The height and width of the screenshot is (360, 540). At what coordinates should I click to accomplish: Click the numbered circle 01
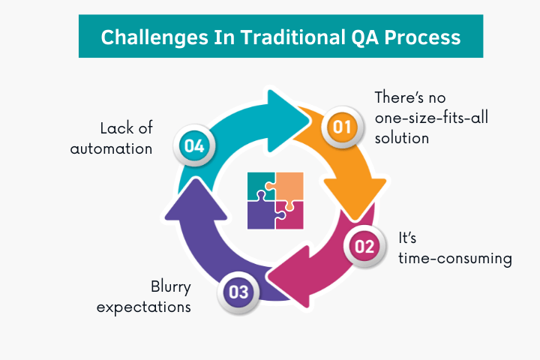[x=342, y=127]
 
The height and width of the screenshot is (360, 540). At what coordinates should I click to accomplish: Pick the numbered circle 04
[x=193, y=145]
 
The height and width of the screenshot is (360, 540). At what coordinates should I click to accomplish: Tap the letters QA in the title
[x=355, y=37]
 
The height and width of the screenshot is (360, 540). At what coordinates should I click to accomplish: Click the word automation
[x=112, y=148]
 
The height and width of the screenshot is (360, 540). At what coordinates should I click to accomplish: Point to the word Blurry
[x=171, y=287]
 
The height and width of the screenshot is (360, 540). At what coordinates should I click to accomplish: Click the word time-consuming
[x=454, y=259]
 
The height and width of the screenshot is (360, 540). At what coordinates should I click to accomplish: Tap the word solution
[x=403, y=139]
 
